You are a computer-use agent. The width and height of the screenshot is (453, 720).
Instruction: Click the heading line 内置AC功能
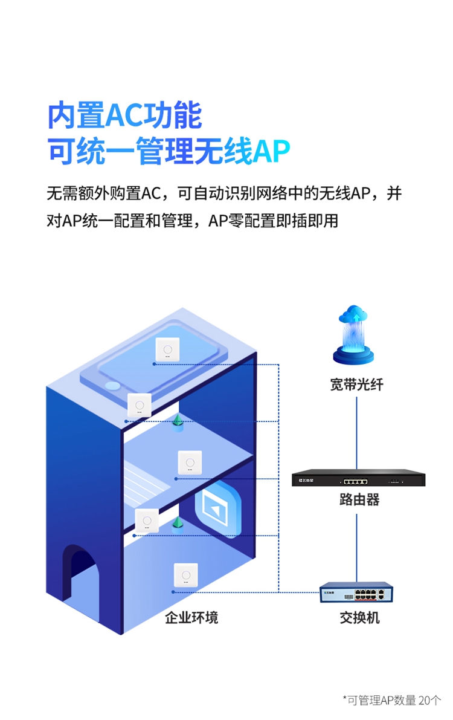click(x=124, y=115)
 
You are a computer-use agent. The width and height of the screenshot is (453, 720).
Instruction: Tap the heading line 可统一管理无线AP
click(x=169, y=151)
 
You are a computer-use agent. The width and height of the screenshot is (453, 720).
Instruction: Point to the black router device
click(x=358, y=478)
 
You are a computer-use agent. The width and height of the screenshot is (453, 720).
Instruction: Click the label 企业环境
click(x=191, y=617)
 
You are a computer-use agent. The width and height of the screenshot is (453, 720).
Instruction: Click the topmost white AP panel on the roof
click(x=167, y=349)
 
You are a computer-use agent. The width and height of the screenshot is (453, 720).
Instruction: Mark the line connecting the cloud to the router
click(x=357, y=429)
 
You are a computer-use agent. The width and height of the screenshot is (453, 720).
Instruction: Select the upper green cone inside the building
click(x=178, y=422)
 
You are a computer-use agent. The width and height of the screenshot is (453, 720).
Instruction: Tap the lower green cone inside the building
click(x=178, y=523)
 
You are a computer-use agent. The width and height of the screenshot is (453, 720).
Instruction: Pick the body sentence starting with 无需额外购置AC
click(x=224, y=194)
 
